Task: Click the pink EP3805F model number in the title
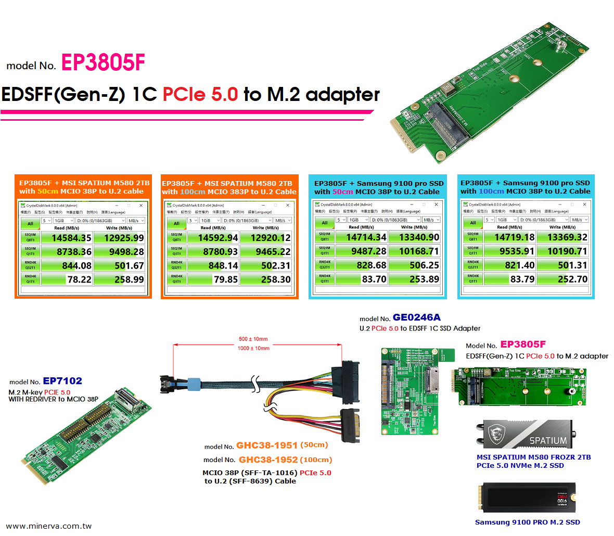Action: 103,63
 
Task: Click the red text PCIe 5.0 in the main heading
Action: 200,94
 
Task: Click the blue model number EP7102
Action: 62,381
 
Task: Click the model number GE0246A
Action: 416,317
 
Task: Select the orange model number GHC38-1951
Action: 266,445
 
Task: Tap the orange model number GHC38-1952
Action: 268,460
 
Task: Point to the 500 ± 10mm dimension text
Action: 253,339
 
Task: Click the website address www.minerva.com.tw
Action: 49,526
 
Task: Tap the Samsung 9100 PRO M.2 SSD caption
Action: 527,522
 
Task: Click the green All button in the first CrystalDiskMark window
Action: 30,224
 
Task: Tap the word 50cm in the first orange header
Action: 47,192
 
